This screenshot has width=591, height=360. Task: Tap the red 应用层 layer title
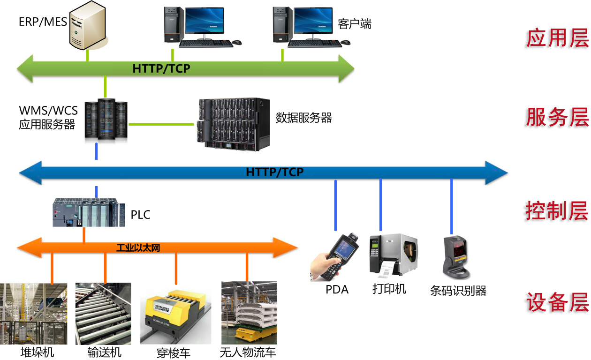click(x=557, y=38)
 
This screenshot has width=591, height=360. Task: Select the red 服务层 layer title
click(x=557, y=117)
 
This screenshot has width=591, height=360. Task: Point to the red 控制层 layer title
click(x=556, y=211)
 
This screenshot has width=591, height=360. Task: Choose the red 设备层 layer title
click(x=557, y=302)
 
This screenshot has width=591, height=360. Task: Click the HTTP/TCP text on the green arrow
click(x=161, y=68)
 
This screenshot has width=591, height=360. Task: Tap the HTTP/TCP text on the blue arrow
click(x=275, y=172)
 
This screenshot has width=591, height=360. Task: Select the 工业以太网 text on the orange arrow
click(x=138, y=247)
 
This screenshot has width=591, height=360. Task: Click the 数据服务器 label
click(x=303, y=118)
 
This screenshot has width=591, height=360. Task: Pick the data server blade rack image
click(x=234, y=123)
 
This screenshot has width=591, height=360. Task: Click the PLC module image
click(x=89, y=212)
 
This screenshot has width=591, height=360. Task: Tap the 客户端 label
click(x=355, y=23)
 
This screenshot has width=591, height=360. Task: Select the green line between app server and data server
click(x=161, y=124)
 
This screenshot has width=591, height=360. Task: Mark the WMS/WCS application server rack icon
click(x=106, y=120)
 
